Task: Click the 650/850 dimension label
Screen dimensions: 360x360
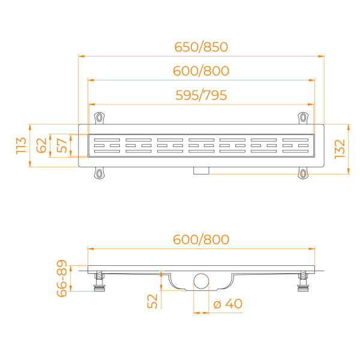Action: coord(201,47)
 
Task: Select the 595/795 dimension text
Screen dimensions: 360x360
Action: coord(201,95)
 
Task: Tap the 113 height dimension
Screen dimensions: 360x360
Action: coord(20,146)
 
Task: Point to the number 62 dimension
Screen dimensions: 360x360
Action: coord(41,145)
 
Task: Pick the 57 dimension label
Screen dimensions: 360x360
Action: coord(61,145)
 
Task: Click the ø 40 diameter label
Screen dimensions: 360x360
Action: coord(228,304)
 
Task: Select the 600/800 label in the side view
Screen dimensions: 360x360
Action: coord(201,239)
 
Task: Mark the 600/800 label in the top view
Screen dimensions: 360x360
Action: coord(201,71)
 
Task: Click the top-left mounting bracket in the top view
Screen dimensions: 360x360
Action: coord(98,117)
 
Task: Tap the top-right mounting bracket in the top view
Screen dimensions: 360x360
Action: coord(304,117)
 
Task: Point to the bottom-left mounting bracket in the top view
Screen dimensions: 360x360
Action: coord(98,173)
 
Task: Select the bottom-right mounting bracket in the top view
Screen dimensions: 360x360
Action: coord(304,173)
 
